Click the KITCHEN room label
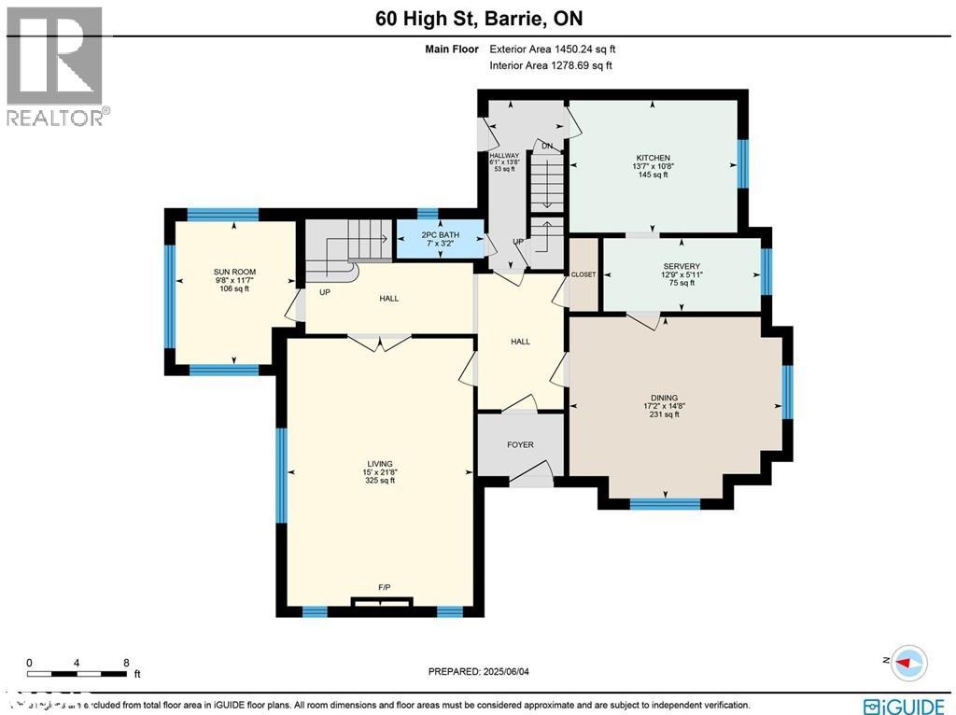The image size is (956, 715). pyautogui.click(x=653, y=158)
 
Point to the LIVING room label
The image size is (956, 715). pyautogui.click(x=380, y=464)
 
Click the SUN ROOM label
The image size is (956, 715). pyautogui.click(x=232, y=273)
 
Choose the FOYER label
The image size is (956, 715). pyautogui.click(x=520, y=444)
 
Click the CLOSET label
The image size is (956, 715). pyautogui.click(x=583, y=274)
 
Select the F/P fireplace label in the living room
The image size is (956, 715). pyautogui.click(x=384, y=586)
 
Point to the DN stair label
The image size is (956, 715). pyautogui.click(x=548, y=146)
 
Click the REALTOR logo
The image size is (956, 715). pyautogui.click(x=55, y=66)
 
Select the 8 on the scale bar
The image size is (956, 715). pyautogui.click(x=126, y=663)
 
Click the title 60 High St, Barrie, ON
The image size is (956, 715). pyautogui.click(x=478, y=18)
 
